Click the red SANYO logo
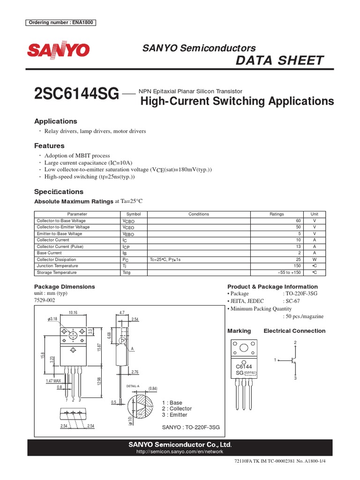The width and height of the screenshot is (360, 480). click(58, 51)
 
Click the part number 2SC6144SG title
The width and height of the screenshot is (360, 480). click(76, 94)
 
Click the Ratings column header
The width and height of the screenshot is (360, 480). click(277, 214)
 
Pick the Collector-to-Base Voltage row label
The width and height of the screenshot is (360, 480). click(61, 221)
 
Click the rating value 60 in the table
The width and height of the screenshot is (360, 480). click(298, 221)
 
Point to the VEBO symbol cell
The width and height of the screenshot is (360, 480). click(128, 234)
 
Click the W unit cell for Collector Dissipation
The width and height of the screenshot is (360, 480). click(315, 259)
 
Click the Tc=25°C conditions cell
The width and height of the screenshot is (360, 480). click(165, 259)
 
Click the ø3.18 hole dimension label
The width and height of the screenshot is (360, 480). click(52, 319)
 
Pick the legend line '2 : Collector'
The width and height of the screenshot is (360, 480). click(177, 409)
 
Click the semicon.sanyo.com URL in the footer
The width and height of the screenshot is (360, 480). click(180, 452)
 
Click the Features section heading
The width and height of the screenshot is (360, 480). click(49, 146)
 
